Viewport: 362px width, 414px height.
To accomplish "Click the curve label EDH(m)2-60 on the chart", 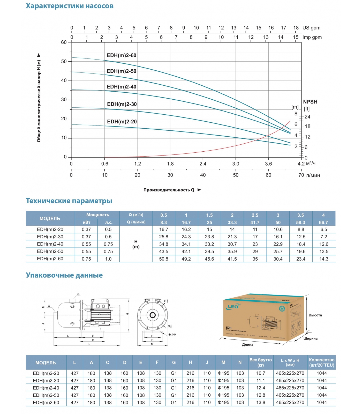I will (121, 55).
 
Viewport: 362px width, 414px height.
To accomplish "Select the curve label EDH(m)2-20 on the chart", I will (122, 122).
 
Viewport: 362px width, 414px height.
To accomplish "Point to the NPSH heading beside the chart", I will (310, 102).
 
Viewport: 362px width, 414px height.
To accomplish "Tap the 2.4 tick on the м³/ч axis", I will (203, 164).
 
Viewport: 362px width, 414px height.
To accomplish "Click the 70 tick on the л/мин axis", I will (301, 175).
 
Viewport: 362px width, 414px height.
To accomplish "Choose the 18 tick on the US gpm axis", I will (296, 28).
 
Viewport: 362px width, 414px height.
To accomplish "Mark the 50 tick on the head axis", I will (64, 61).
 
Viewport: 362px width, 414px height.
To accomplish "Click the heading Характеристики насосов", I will (70, 6).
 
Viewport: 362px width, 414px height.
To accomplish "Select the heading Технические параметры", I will (69, 201).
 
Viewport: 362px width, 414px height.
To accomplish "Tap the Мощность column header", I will (97, 215).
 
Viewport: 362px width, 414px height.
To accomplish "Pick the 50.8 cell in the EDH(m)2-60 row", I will (163, 259).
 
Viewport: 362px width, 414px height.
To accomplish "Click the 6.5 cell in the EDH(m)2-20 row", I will (323, 230).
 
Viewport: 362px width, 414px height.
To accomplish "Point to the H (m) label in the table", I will (136, 244).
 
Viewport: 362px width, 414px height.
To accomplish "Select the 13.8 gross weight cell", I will (261, 402).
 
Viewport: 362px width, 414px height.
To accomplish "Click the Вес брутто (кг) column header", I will (261, 362).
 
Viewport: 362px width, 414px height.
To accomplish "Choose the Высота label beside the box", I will (315, 315).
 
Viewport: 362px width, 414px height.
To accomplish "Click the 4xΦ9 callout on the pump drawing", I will (172, 335).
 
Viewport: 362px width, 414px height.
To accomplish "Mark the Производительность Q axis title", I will (169, 190).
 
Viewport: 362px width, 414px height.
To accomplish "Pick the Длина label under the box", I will (247, 344).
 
